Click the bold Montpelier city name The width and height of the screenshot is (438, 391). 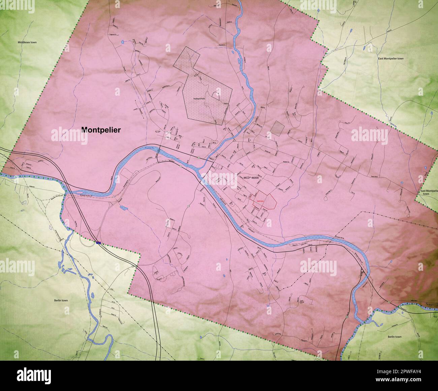[x=101, y=129]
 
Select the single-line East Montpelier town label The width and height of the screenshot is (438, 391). [x=391, y=58]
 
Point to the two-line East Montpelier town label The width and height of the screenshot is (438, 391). [x=429, y=192]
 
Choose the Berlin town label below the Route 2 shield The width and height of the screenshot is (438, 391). [x=394, y=336]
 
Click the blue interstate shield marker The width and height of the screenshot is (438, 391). [x=98, y=242]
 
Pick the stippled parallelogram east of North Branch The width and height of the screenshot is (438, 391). [x=278, y=128]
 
